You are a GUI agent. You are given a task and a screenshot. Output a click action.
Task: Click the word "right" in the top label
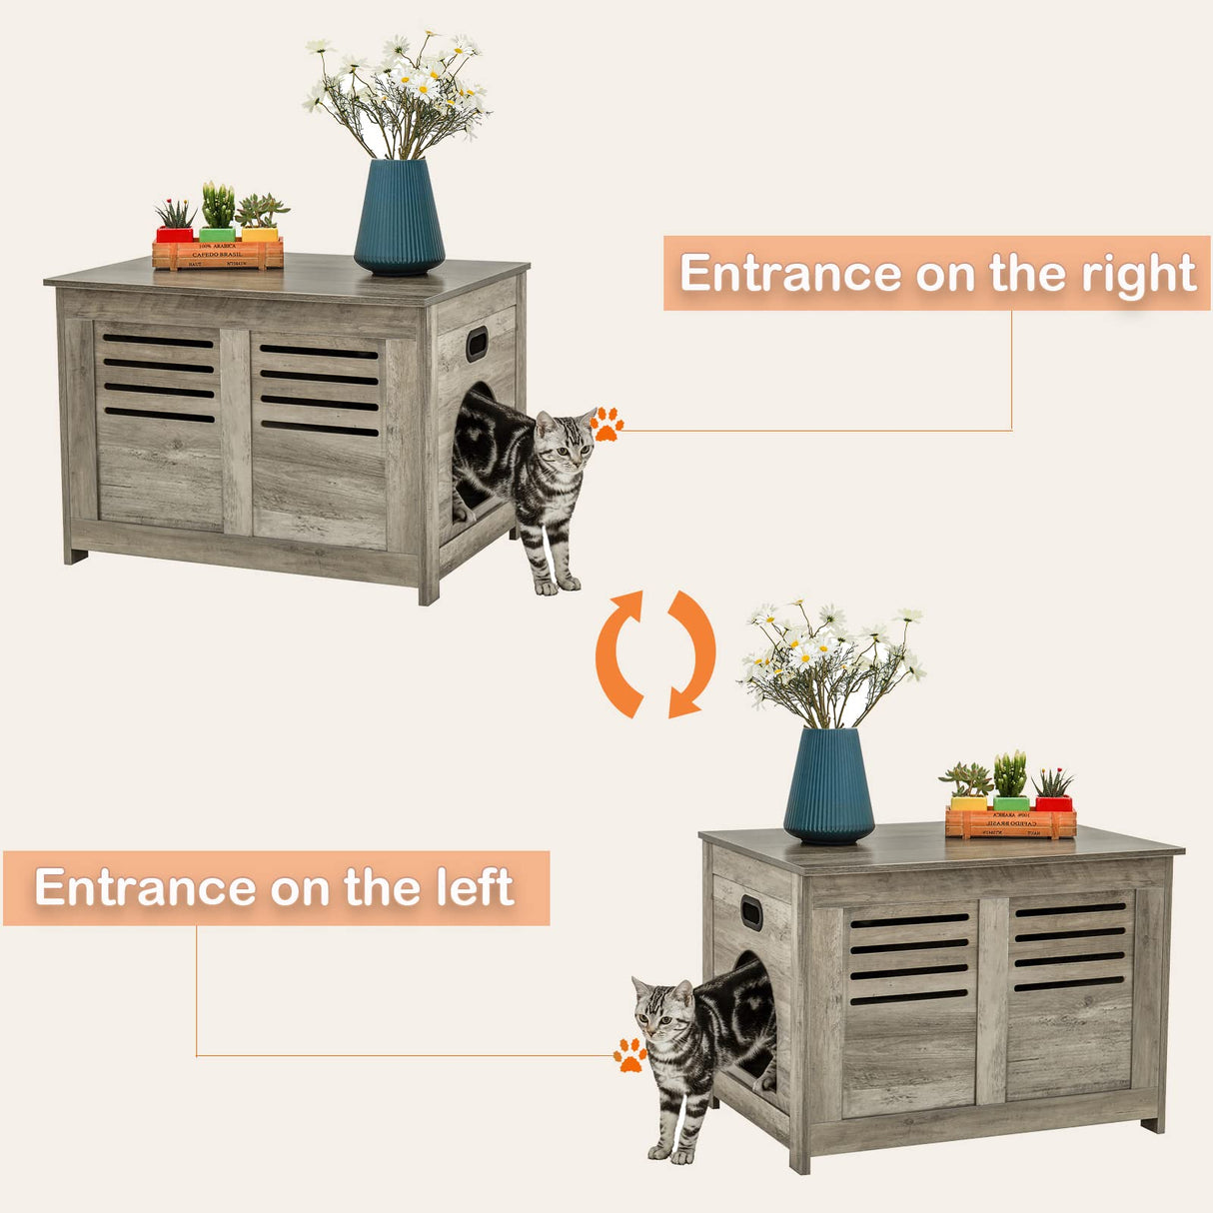(1138, 274)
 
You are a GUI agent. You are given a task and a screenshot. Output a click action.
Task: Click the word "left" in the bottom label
(474, 887)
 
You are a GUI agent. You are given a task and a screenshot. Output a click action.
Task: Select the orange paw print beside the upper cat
(606, 424)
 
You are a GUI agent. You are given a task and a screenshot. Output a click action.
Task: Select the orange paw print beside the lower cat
(629, 1054)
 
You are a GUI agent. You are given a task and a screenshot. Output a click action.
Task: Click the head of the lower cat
(660, 1009)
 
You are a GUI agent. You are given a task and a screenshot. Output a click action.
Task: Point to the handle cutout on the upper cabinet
(477, 343)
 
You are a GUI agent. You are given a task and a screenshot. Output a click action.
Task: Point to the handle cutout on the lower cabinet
(750, 912)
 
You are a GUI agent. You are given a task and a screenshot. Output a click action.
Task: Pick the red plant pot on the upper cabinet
(175, 234)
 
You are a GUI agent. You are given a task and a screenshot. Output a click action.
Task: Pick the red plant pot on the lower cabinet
(1053, 803)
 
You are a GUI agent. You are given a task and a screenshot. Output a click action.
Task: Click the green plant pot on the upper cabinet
(217, 234)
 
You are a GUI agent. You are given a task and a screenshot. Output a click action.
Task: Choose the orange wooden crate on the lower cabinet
(1010, 823)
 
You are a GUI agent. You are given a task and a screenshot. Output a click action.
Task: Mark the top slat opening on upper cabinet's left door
(158, 342)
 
